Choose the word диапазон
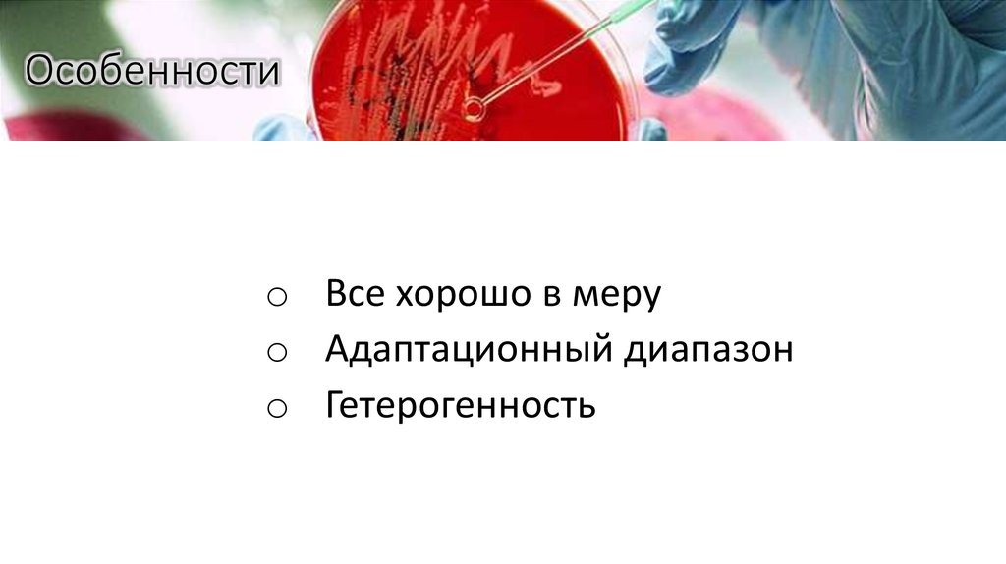(705, 350)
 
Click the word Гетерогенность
(461, 404)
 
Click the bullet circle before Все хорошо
(275, 297)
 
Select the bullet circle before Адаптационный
(275, 352)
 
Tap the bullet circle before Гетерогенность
(275, 406)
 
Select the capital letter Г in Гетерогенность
(336, 404)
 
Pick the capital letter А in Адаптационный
(340, 350)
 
